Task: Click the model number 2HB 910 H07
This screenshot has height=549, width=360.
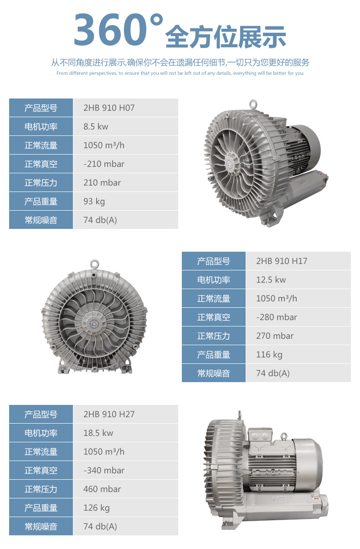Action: pos(109,108)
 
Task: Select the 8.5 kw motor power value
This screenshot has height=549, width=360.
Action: pos(96,126)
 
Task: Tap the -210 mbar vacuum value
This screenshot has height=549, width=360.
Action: pos(104,164)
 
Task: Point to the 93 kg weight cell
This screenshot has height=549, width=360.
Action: pos(94,202)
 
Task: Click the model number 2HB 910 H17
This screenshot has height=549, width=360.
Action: pos(282,261)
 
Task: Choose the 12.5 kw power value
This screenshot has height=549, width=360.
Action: pos(271,280)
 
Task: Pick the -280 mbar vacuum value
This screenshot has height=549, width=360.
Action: pos(277,317)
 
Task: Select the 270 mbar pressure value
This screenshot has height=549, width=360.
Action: pos(275,336)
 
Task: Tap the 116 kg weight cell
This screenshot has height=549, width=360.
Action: pos(269,355)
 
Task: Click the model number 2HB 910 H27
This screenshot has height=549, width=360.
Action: pos(109,414)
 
